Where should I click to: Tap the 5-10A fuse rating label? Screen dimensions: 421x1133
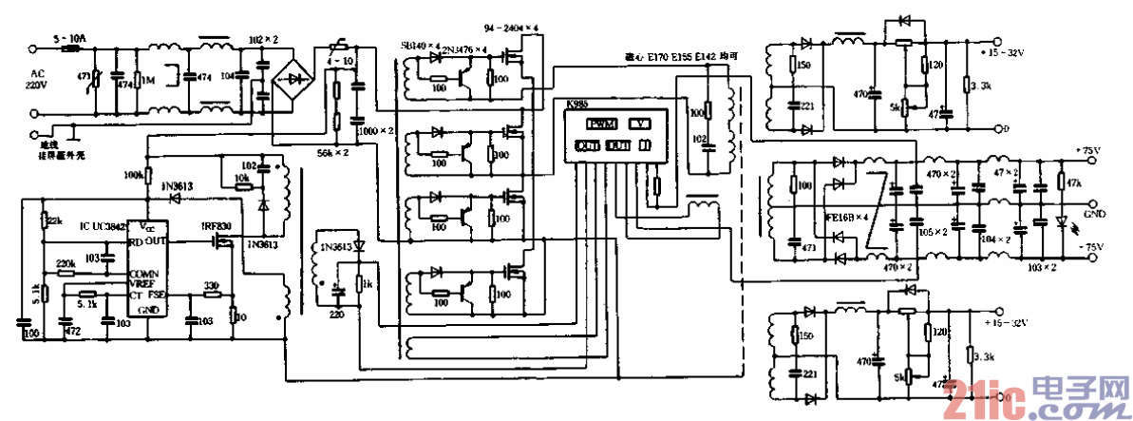(x=70, y=39)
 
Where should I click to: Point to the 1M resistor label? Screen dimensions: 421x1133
(x=149, y=81)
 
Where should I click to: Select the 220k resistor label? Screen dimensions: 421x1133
(x=66, y=263)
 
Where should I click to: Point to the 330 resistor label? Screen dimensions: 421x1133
(x=214, y=285)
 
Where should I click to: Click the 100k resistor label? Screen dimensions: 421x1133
(x=133, y=176)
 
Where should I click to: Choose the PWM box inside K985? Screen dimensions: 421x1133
(x=600, y=124)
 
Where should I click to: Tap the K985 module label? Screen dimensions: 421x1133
(x=576, y=104)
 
